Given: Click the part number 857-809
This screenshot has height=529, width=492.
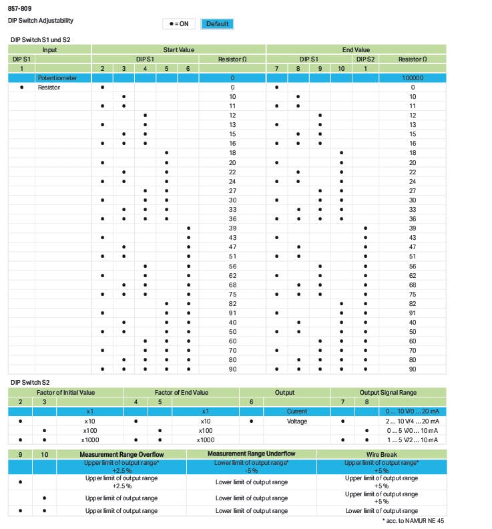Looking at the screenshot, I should click(x=19, y=9).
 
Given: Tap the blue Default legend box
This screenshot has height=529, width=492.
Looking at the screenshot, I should click(x=217, y=24).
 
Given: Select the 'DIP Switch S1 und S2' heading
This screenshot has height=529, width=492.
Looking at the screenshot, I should click(x=40, y=40).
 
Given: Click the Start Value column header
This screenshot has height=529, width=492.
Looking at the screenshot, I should click(x=178, y=50).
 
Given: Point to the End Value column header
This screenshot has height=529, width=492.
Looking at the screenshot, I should click(x=356, y=50).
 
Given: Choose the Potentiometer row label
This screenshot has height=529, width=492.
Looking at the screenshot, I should click(x=57, y=78).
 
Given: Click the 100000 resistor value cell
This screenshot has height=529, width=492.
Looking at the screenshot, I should click(x=412, y=78).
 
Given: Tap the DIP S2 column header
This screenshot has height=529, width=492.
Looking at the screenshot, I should click(x=365, y=59).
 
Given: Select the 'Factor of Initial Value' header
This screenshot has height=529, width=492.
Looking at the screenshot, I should click(x=65, y=393).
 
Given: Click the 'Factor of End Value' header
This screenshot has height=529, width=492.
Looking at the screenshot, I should click(x=181, y=393).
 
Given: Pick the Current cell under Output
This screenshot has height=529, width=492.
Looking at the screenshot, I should click(x=296, y=411).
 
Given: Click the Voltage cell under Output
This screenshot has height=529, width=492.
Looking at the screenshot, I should click(x=296, y=421).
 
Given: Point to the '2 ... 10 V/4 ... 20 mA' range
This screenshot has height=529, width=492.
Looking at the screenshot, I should click(x=413, y=421).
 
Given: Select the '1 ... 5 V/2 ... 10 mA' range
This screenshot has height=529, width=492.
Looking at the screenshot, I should click(x=413, y=440).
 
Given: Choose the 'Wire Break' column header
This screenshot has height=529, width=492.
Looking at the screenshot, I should click(x=381, y=454).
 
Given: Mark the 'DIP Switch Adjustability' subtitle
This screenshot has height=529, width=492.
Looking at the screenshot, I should click(x=41, y=21).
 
